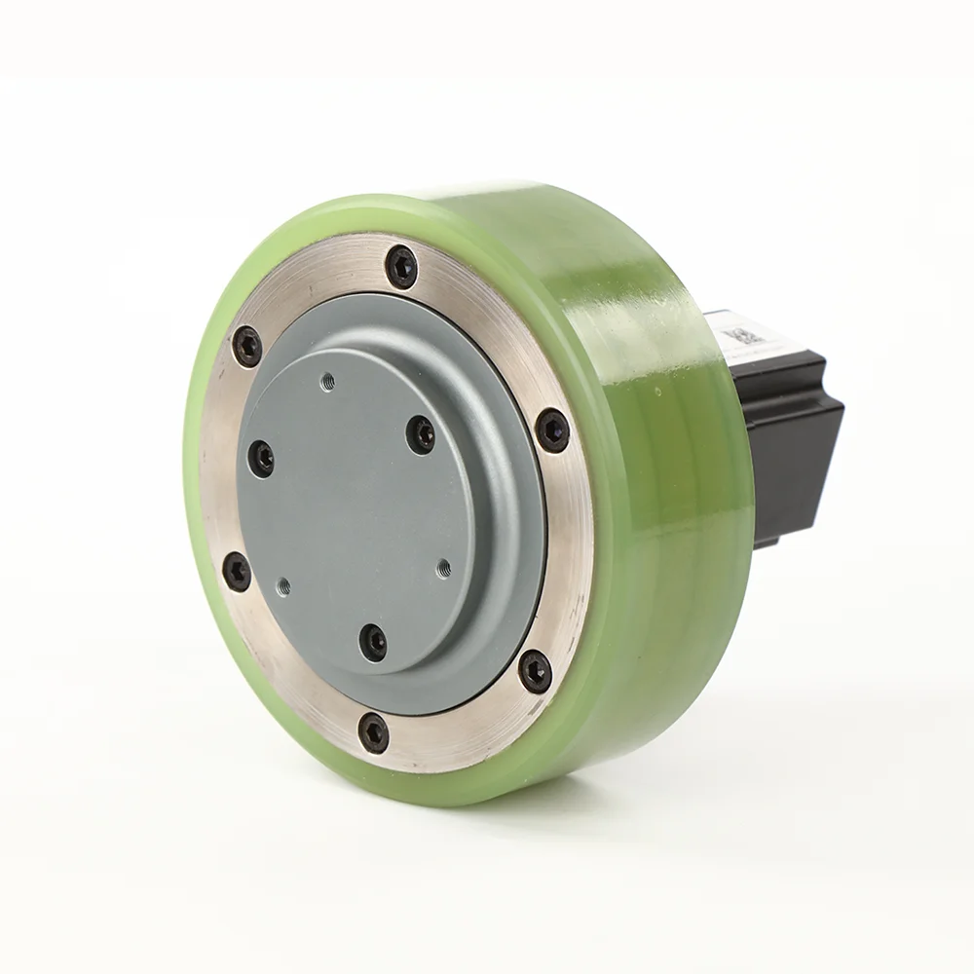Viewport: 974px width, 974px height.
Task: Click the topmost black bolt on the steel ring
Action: coord(401,266)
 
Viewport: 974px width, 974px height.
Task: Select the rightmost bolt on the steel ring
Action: coord(552,430)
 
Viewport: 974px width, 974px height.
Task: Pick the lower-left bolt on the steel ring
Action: coord(237,572)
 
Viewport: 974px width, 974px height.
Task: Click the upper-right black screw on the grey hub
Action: coord(421,433)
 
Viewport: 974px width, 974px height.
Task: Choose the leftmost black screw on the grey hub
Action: coord(261,458)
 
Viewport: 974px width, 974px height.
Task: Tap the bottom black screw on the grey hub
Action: coord(373,642)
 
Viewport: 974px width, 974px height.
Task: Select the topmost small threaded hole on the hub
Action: coord(327,381)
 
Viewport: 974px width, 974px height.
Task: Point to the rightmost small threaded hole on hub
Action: coord(443,566)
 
